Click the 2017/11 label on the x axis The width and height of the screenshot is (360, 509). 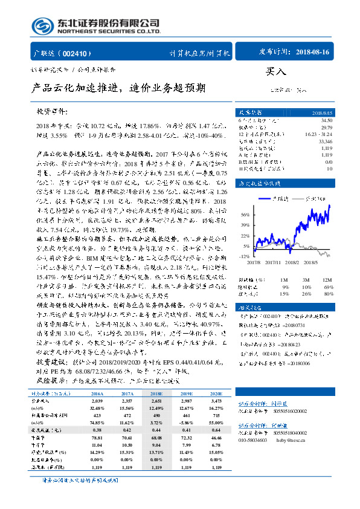coord(277,263)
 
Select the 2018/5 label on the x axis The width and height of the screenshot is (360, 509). coord(326,263)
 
